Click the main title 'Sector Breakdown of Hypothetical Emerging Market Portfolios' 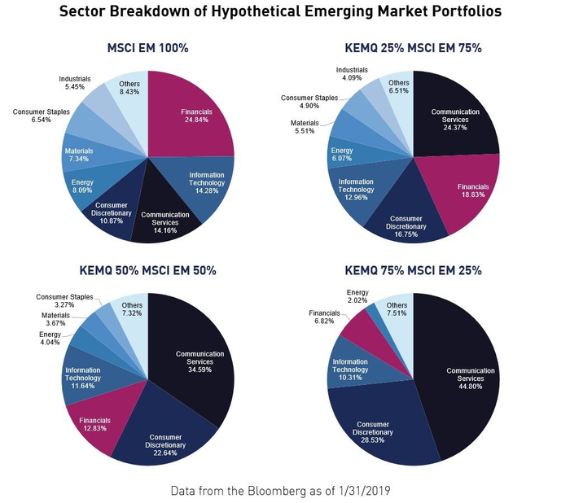[285, 13]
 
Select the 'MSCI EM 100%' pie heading [147, 48]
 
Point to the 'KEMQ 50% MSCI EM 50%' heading [147, 270]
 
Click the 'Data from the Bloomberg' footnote [285, 492]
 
